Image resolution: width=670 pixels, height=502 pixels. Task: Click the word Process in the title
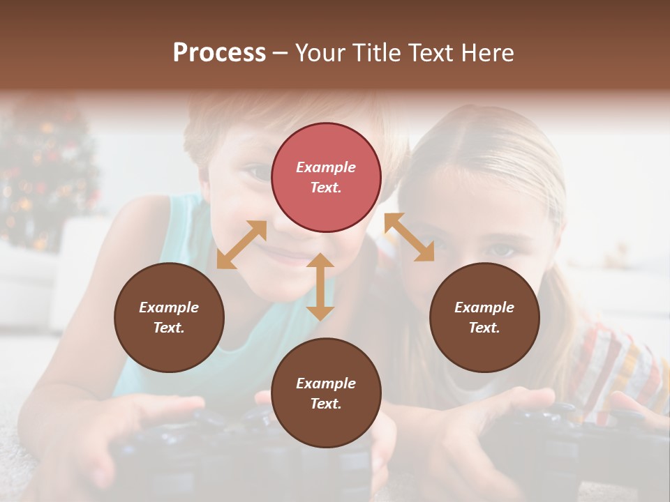point(219,52)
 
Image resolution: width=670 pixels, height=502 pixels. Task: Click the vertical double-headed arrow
point(320,287)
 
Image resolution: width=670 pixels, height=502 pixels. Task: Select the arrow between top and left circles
point(241,245)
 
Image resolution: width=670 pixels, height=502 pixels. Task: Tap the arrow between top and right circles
point(410,237)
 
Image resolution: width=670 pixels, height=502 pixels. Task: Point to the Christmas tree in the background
point(45,174)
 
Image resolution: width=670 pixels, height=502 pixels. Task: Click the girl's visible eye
point(501,250)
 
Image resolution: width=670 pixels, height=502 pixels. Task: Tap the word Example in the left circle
point(169,307)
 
